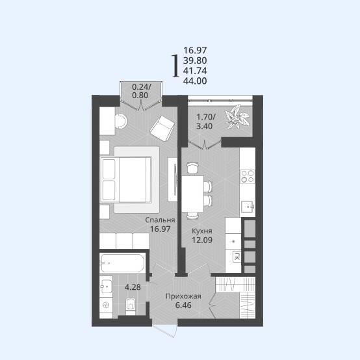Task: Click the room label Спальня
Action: (x=160, y=220)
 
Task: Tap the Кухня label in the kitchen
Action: (x=202, y=231)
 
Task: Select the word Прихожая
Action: (x=183, y=296)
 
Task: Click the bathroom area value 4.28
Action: (x=133, y=287)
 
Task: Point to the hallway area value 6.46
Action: (x=183, y=305)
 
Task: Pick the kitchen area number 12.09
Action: (x=202, y=240)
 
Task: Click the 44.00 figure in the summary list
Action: (x=195, y=81)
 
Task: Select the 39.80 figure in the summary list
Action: (x=195, y=60)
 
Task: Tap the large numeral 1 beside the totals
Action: (x=175, y=66)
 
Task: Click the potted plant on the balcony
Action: (x=237, y=117)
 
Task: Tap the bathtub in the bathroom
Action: (x=123, y=263)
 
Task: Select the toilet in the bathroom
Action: (x=131, y=305)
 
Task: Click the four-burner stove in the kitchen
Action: (x=248, y=176)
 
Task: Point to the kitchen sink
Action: (x=248, y=207)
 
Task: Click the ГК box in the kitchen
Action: (x=237, y=257)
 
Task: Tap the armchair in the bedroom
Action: (x=162, y=129)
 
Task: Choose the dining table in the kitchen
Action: (x=193, y=194)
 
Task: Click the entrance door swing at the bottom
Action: (x=164, y=331)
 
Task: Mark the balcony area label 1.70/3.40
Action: (x=205, y=122)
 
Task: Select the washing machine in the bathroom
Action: (x=106, y=305)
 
